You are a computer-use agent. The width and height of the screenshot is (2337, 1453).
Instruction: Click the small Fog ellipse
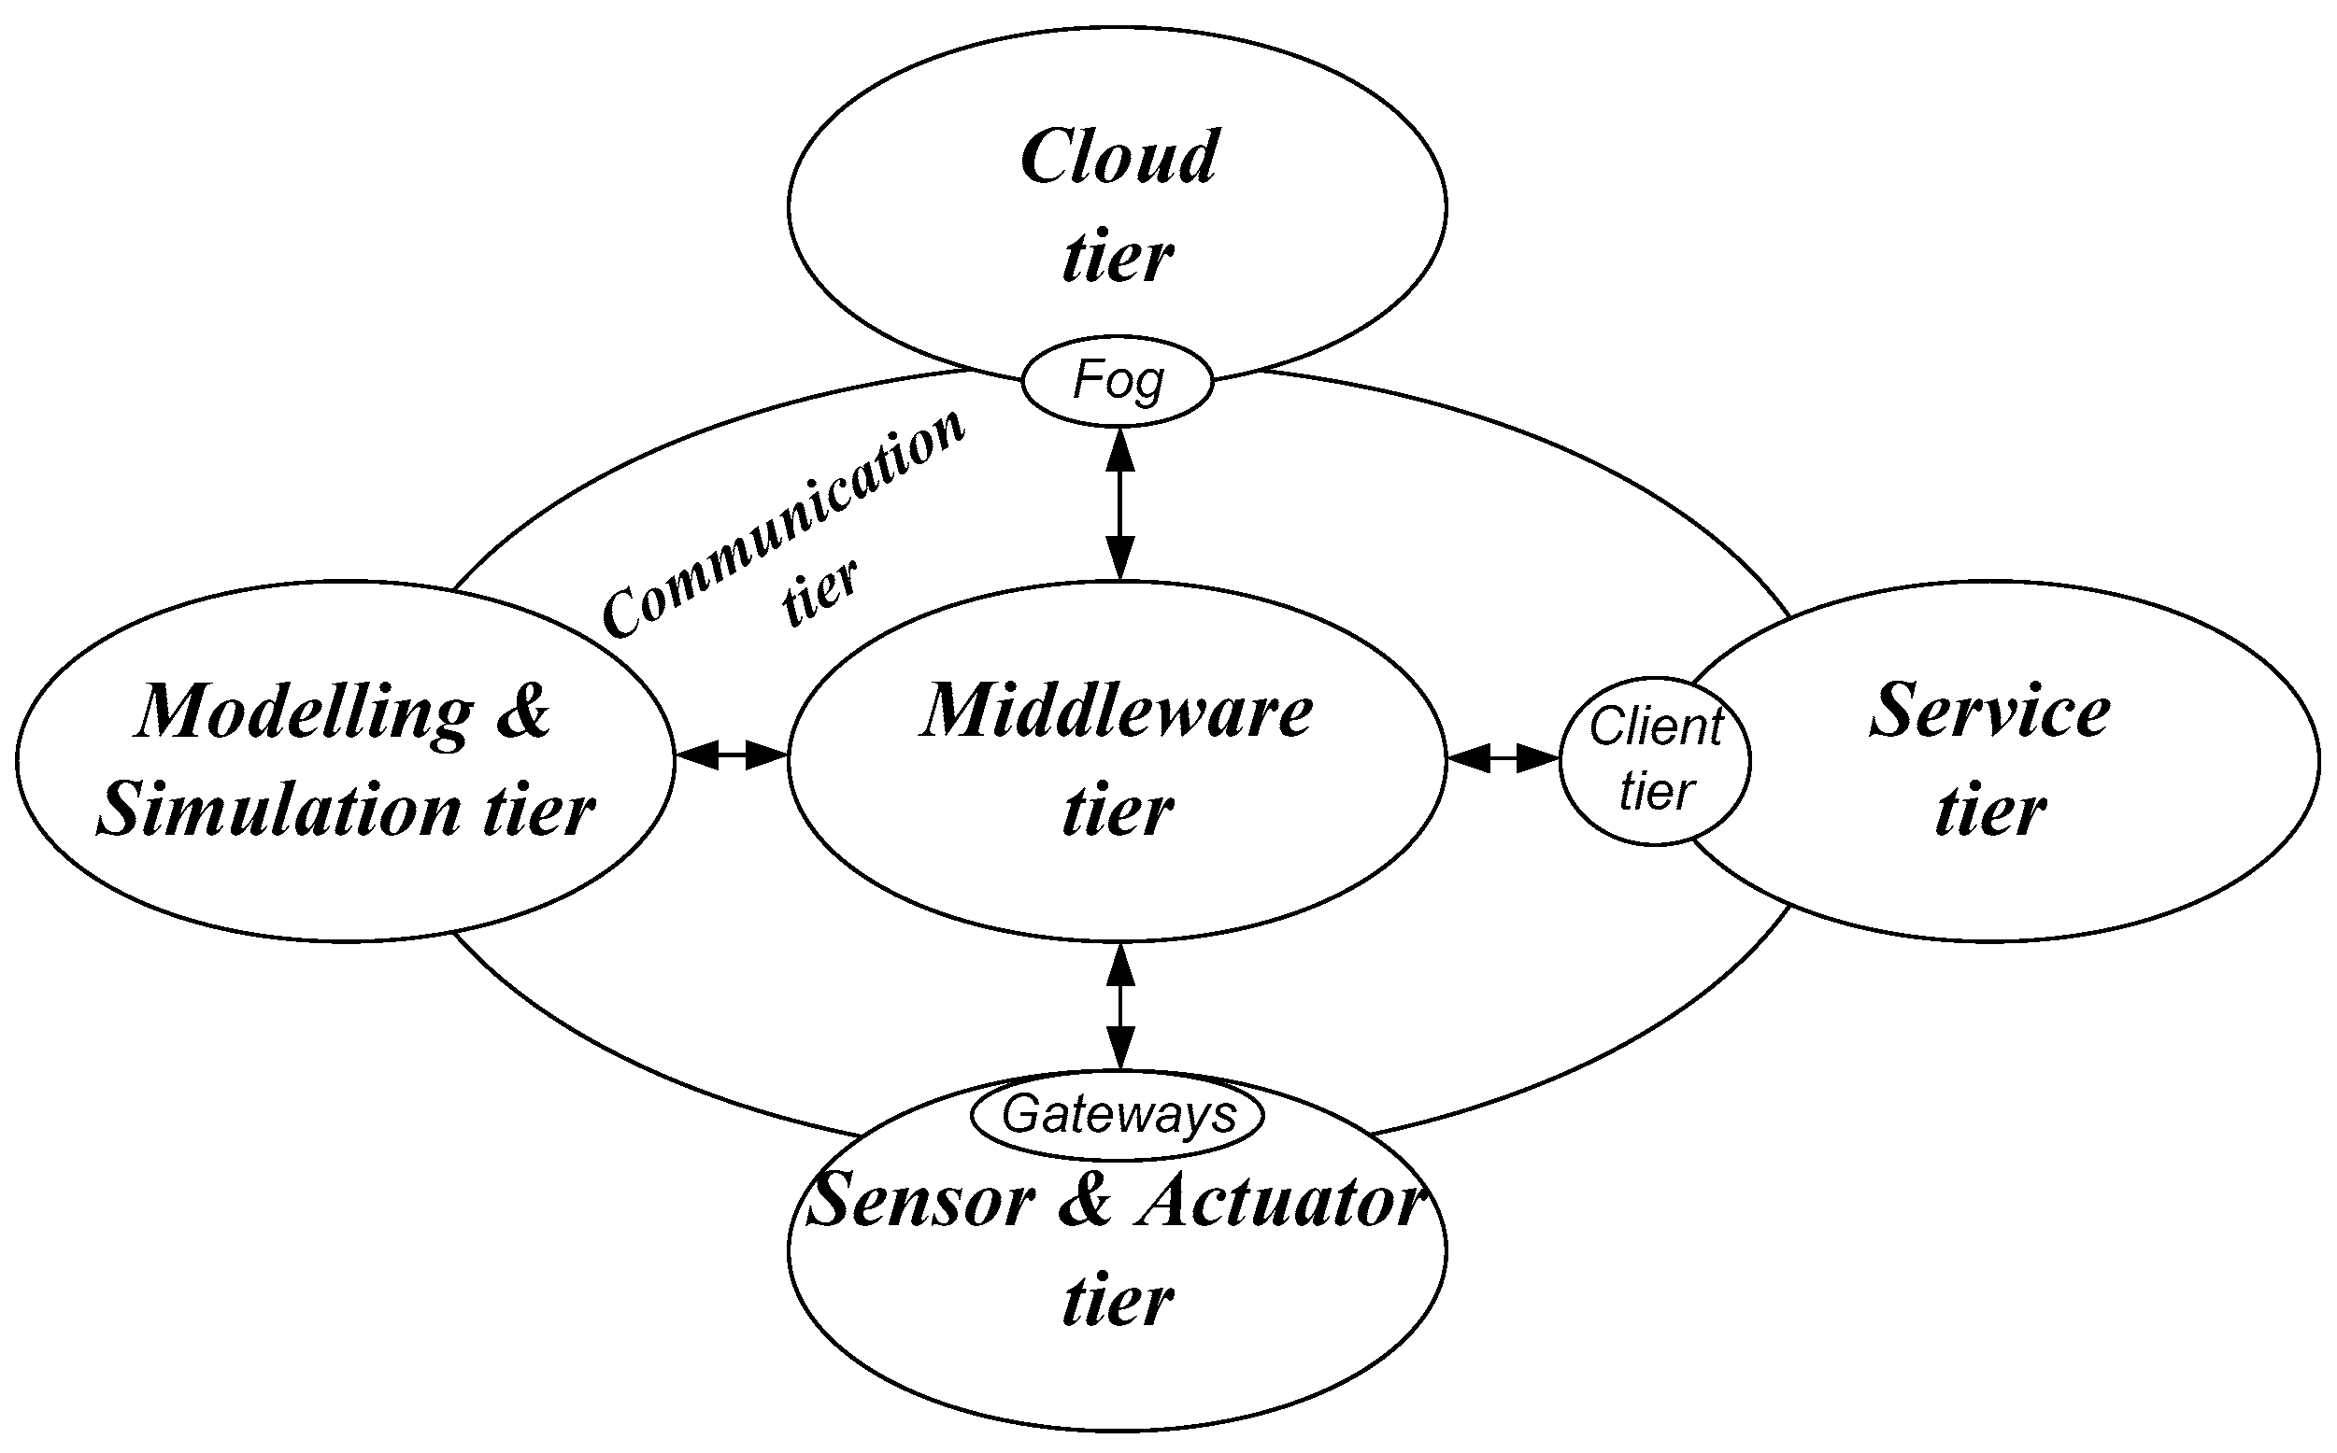[x=1116, y=381]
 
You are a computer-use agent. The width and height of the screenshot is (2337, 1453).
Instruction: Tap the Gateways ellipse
[x=1118, y=1116]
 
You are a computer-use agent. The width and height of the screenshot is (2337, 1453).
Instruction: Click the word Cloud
[x=1119, y=157]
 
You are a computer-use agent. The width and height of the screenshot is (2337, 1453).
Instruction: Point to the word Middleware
[x=1117, y=712]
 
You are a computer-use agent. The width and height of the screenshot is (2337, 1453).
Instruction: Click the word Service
[x=1990, y=712]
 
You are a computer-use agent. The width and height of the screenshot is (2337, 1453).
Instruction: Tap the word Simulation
[x=278, y=810]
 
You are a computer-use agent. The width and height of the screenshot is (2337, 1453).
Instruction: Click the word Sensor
[x=921, y=1201]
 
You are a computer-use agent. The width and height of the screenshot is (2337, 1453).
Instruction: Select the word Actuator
[x=1278, y=1201]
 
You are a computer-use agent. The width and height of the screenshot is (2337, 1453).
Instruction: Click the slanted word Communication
[x=783, y=525]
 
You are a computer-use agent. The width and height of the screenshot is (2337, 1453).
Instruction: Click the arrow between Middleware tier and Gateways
[x=1120, y=1005]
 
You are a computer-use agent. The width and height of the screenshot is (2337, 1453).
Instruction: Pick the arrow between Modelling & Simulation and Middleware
[x=732, y=756]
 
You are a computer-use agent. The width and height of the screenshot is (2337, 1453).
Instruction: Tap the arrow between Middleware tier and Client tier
[x=1503, y=759]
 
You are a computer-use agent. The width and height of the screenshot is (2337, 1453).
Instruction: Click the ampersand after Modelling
[x=524, y=712]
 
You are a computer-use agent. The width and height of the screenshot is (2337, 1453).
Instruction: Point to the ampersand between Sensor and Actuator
[x=1084, y=1201]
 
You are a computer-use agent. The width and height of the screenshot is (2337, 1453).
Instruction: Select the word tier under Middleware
[x=1117, y=810]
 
